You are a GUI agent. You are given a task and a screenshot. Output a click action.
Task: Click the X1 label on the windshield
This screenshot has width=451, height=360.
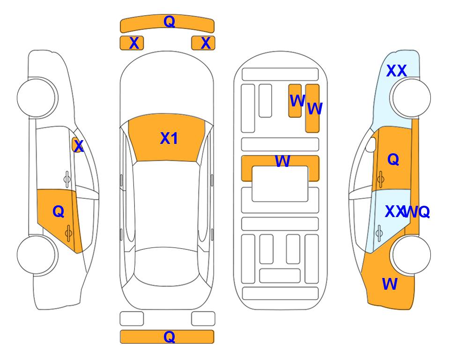[169, 138]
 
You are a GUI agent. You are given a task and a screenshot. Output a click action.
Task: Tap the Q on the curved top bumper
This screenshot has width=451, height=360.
[169, 21]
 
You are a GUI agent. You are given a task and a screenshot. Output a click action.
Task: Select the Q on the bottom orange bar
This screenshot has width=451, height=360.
[169, 337]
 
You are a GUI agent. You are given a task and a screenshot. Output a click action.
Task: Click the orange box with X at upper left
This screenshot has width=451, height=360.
[132, 43]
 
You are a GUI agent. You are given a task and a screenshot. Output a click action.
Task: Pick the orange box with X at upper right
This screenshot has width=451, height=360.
[203, 43]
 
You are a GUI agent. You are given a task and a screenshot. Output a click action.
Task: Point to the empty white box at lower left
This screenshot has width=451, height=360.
[132, 319]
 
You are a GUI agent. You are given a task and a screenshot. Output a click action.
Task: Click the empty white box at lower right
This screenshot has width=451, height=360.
[203, 319]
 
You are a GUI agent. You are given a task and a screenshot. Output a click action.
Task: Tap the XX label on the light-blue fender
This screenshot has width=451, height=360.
[397, 71]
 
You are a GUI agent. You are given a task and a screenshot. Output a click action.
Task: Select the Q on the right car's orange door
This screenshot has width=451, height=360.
[393, 159]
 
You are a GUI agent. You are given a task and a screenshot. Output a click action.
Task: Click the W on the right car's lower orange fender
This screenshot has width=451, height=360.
[390, 284]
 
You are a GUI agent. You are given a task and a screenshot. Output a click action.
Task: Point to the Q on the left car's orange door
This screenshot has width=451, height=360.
[59, 212]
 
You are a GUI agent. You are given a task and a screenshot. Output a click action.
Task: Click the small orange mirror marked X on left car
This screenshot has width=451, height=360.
[76, 145]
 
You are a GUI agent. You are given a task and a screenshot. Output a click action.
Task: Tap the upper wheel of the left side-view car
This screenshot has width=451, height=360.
[37, 97]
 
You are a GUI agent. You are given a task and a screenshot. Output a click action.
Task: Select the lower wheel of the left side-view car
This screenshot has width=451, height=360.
[37, 255]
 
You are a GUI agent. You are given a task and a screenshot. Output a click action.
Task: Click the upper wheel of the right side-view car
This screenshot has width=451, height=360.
[411, 97]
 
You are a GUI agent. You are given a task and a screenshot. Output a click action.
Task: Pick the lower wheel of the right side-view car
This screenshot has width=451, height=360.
[411, 255]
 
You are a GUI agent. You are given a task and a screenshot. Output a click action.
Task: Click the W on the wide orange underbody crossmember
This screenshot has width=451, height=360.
[282, 161]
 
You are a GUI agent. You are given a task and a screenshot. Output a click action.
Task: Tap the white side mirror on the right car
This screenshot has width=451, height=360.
[371, 145]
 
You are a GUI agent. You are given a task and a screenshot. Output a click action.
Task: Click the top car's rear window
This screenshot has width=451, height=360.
[165, 266]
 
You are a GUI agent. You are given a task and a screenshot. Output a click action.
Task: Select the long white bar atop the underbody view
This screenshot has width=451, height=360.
[280, 75]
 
